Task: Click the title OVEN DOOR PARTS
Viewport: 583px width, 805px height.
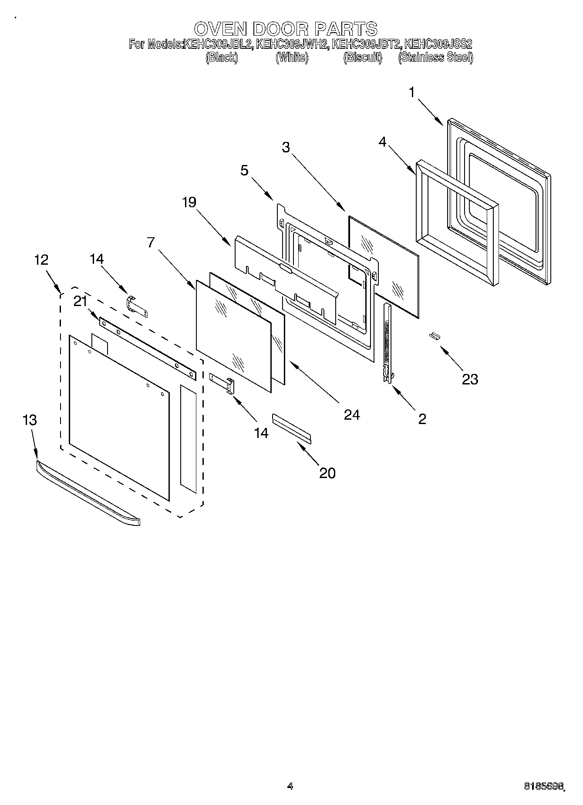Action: pyautogui.click(x=286, y=29)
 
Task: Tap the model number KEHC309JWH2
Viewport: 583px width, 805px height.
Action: pyautogui.click(x=292, y=44)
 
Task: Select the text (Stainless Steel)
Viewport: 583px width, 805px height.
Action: pyautogui.click(x=435, y=57)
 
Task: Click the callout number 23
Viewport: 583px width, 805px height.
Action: pyautogui.click(x=470, y=379)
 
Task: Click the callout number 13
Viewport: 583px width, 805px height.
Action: pyautogui.click(x=30, y=420)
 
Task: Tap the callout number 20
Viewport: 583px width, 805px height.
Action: pyautogui.click(x=327, y=473)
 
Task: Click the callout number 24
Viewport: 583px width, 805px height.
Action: pyautogui.click(x=352, y=415)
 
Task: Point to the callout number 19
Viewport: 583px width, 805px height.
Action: pyautogui.click(x=189, y=202)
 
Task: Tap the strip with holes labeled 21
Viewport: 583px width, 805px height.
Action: pyautogui.click(x=148, y=348)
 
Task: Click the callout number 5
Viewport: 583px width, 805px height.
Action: pyautogui.click(x=244, y=170)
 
